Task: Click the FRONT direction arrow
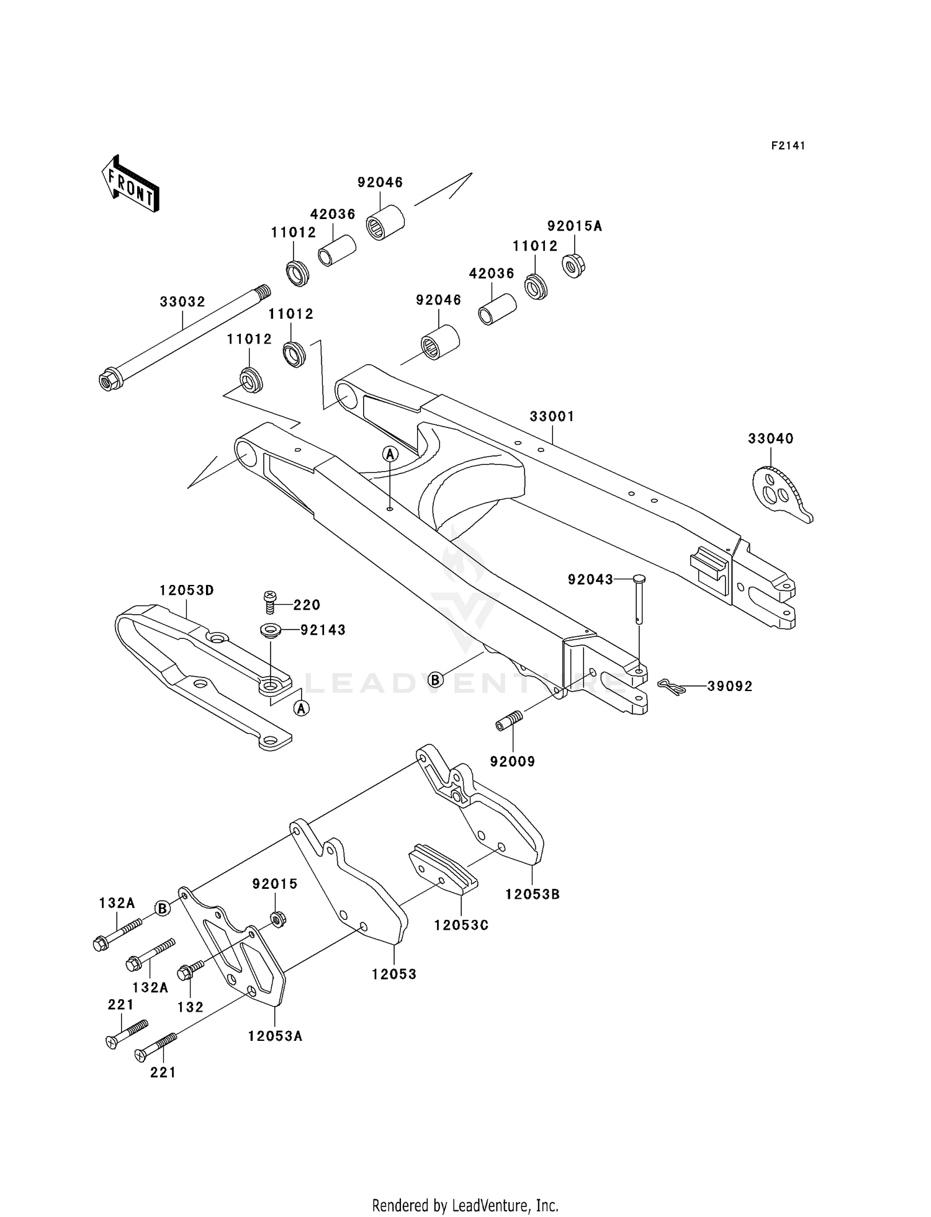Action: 130,186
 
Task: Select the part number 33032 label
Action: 182,302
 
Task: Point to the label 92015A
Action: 574,226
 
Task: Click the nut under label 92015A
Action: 573,266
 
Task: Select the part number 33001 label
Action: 551,416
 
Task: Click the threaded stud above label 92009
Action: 510,721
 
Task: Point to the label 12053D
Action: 186,591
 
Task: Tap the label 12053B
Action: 532,894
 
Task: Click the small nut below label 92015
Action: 279,919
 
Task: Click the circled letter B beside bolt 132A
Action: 162,909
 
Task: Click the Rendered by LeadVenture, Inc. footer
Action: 465,1206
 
